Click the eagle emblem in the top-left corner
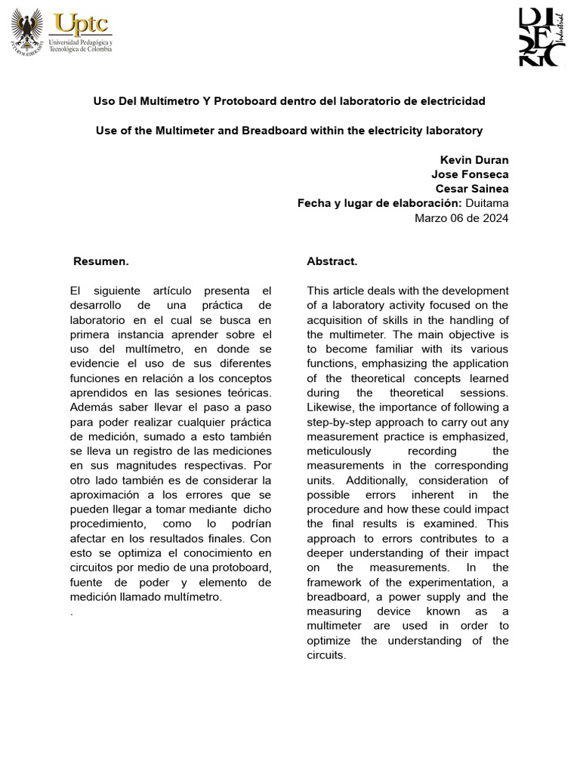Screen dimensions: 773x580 tap(28, 32)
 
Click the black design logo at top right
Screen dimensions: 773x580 tap(541, 37)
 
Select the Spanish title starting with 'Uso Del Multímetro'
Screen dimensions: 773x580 tap(289, 100)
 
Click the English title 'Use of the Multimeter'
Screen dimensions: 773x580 tap(289, 131)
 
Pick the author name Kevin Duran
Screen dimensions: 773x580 tap(474, 160)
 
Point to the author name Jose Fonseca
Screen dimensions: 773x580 tap(470, 174)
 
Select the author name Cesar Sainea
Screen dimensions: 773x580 tap(472, 189)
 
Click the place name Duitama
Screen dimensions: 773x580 tap(487, 203)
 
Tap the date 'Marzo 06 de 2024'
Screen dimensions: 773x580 tap(462, 218)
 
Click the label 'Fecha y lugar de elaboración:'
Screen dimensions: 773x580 tap(379, 203)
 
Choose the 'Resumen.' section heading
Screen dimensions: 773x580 tap(101, 261)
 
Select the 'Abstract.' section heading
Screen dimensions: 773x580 tap(332, 261)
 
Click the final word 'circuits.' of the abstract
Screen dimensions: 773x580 tap(326, 655)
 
